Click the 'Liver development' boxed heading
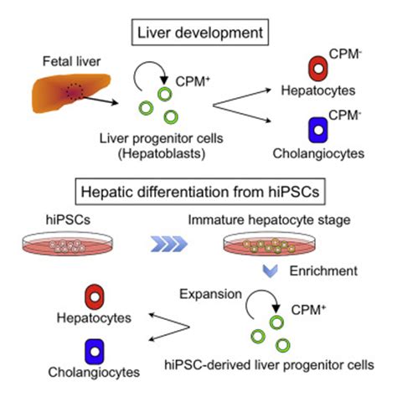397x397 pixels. [x=198, y=35]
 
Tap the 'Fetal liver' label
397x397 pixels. [x=64, y=63]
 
